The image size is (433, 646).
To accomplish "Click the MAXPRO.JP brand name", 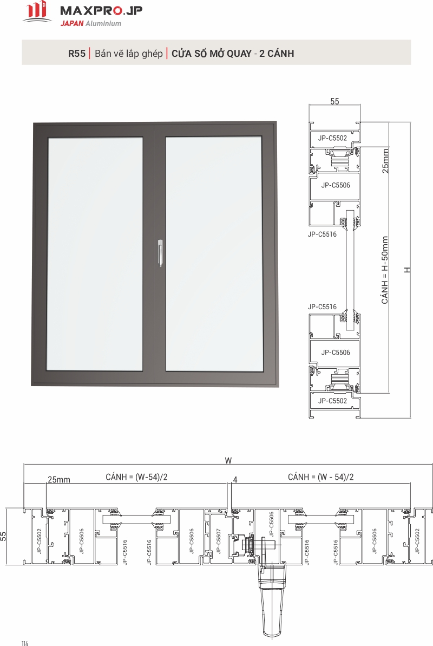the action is click(x=101, y=10).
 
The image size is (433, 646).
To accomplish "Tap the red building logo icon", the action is click(x=37, y=11).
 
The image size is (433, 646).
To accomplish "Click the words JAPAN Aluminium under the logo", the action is click(x=90, y=23).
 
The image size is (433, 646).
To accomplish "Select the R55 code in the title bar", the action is click(x=77, y=54).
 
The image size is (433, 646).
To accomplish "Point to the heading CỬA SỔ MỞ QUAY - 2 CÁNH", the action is click(x=233, y=54).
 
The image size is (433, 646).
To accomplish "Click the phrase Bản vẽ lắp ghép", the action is click(x=128, y=54).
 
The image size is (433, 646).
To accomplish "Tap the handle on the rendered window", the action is click(x=160, y=252).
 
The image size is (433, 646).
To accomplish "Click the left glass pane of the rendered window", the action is click(x=95, y=254).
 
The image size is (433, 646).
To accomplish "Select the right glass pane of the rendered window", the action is click(x=214, y=254).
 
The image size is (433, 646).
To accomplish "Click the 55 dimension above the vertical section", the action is click(x=334, y=101).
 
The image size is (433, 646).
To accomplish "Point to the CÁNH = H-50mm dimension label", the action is click(x=385, y=270).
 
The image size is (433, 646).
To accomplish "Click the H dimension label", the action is click(x=407, y=270).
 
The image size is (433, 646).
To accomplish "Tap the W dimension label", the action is click(x=228, y=461).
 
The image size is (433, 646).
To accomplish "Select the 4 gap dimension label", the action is click(x=235, y=480).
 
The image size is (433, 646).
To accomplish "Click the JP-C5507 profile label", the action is click(x=218, y=540).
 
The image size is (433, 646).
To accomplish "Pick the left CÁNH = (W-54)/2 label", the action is click(x=137, y=477).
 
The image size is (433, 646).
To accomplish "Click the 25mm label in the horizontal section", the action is click(x=59, y=480).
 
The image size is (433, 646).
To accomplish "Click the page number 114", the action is click(x=25, y=643).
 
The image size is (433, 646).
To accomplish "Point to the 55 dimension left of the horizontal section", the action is click(x=3, y=536).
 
